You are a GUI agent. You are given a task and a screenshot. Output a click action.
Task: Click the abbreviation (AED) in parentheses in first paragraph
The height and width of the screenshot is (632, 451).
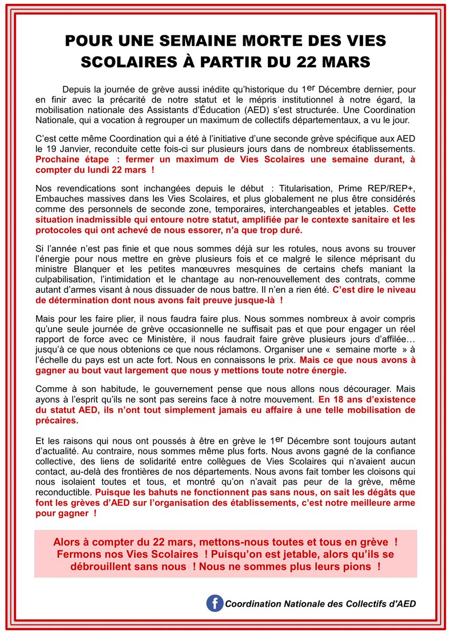pyautogui.click(x=299, y=110)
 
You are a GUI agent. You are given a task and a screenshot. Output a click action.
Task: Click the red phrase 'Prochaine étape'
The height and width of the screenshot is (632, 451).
pyautogui.click(x=66, y=160)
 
